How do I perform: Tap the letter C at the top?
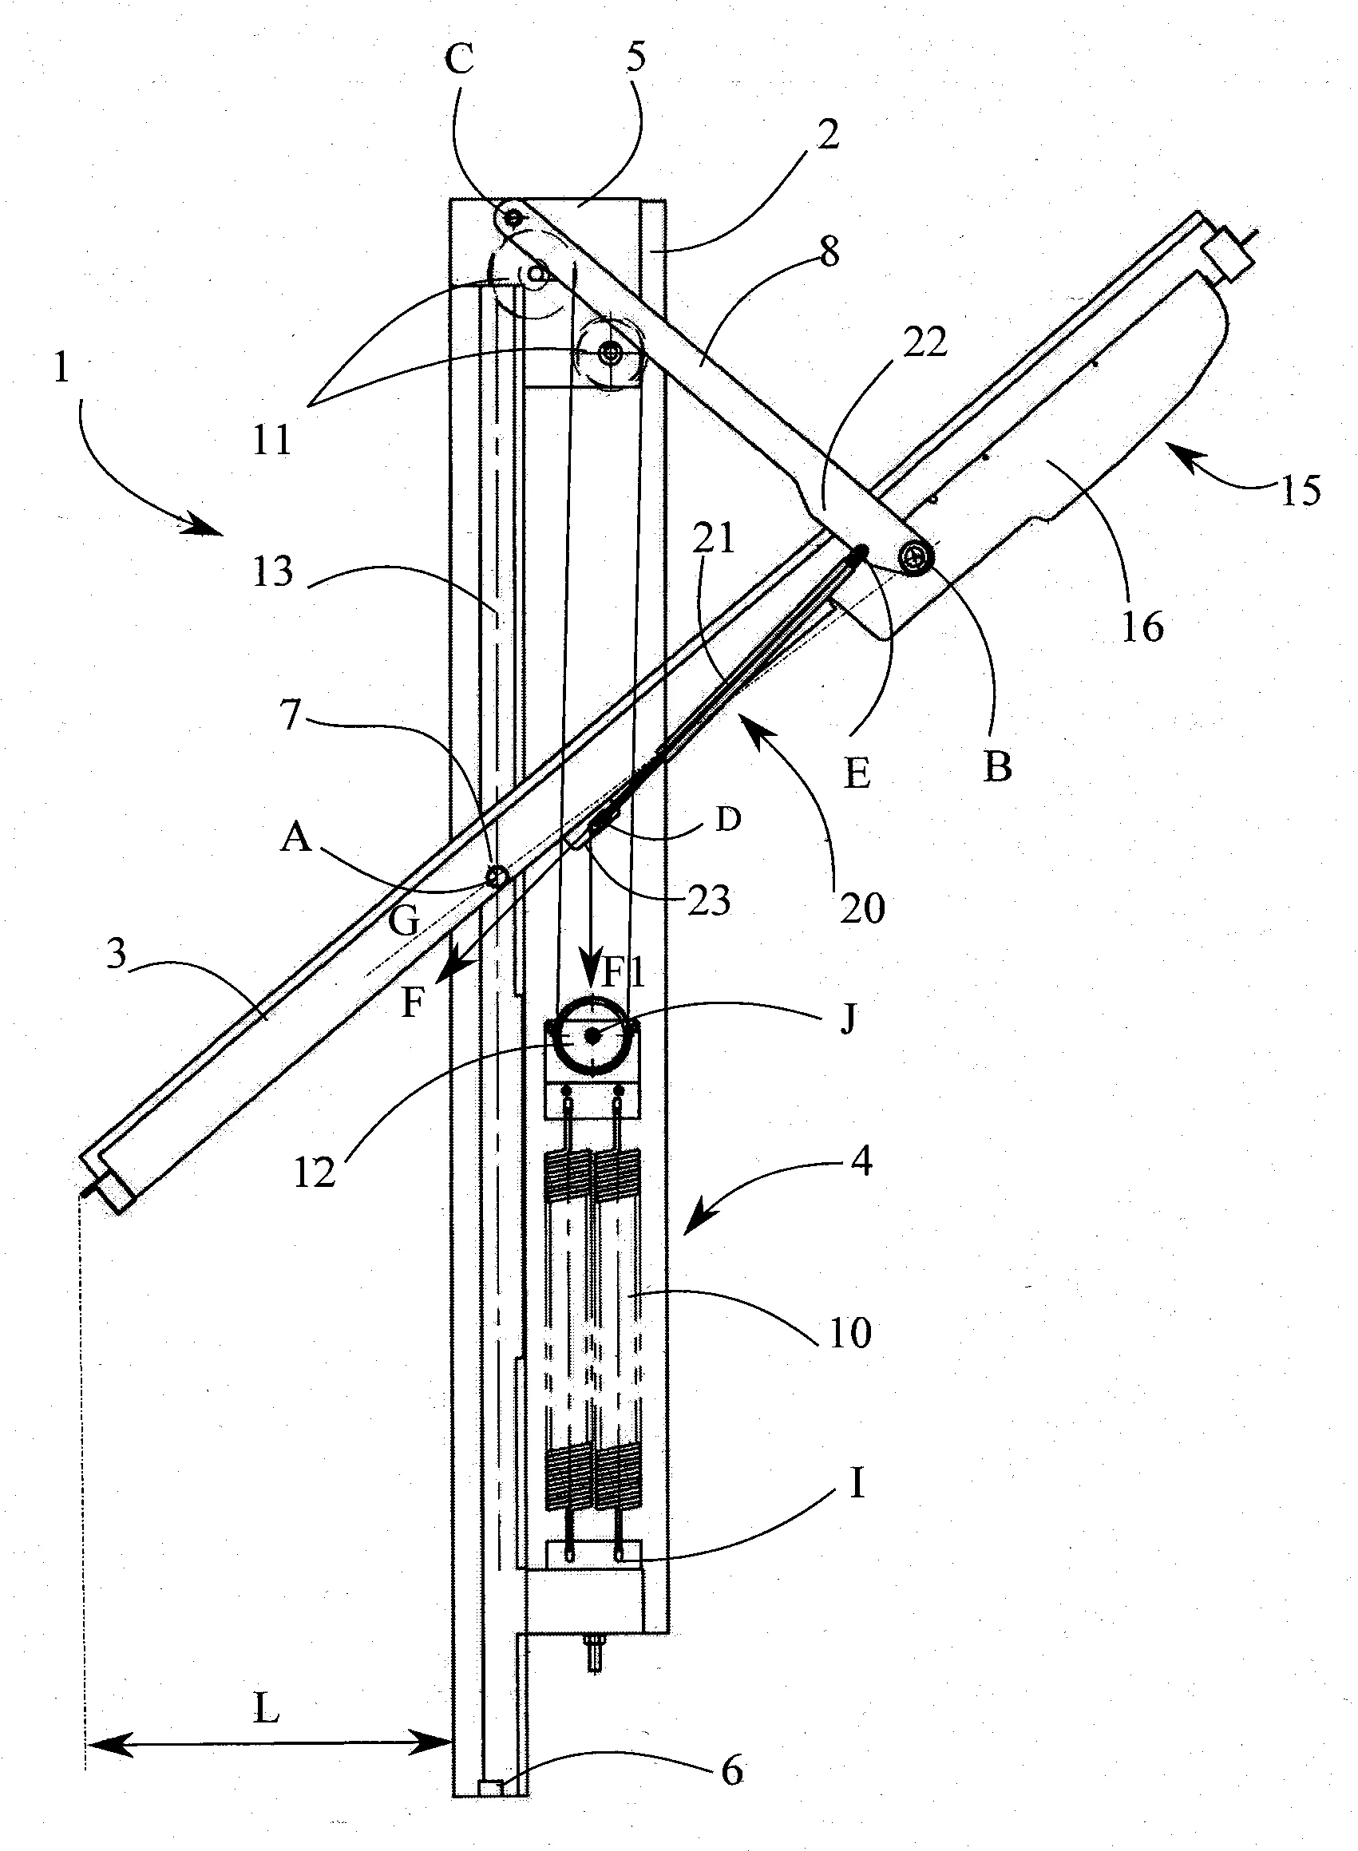pyautogui.click(x=460, y=59)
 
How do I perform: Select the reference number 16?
pyautogui.click(x=1142, y=627)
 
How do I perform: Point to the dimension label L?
pyautogui.click(x=266, y=1710)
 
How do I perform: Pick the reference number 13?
pyautogui.click(x=273, y=570)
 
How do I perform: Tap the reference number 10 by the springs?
pyautogui.click(x=850, y=1332)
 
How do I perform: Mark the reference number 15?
pyautogui.click(x=1300, y=491)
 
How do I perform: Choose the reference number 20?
pyautogui.click(x=862, y=908)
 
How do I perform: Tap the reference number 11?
pyautogui.click(x=272, y=440)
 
